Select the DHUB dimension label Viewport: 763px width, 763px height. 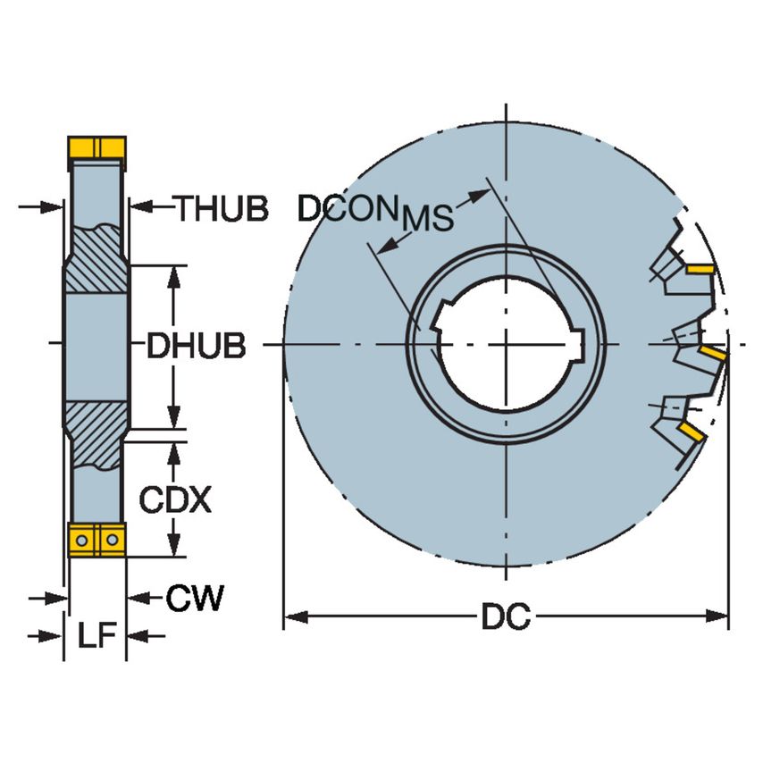196,346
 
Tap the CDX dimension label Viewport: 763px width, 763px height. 175,500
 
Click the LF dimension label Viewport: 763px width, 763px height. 95,635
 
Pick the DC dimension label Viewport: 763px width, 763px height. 506,616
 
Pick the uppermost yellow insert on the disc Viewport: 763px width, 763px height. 700,268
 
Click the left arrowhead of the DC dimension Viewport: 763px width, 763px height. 291,616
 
